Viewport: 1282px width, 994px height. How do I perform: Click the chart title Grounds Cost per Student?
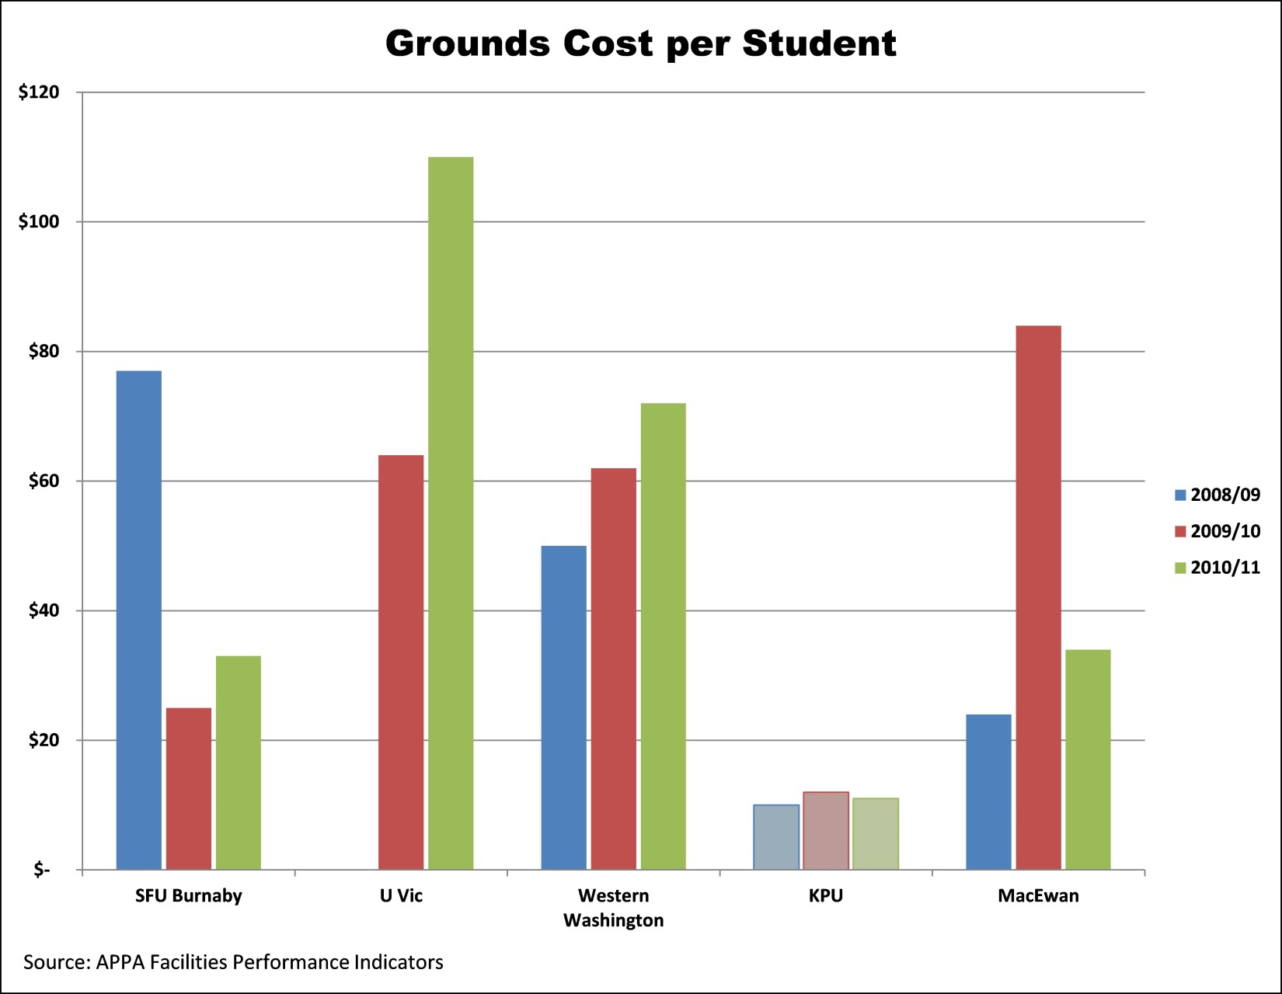click(640, 44)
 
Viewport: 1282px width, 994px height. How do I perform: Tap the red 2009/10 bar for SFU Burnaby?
click(189, 788)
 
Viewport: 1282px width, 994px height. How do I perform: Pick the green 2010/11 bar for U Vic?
click(451, 513)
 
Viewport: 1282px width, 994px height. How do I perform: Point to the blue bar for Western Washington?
click(563, 707)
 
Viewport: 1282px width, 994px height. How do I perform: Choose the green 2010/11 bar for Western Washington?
click(663, 636)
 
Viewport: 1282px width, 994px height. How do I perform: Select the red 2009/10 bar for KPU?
click(825, 830)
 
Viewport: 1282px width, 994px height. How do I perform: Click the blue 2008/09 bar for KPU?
click(776, 837)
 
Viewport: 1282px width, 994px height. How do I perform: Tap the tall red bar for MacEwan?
click(1038, 597)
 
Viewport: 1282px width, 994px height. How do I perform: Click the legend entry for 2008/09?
click(1218, 495)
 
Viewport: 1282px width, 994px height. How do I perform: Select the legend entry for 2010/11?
click(1218, 568)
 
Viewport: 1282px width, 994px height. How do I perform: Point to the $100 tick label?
click(39, 222)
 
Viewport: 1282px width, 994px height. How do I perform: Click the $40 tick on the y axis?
click(44, 611)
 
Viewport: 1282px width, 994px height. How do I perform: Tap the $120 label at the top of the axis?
click(39, 92)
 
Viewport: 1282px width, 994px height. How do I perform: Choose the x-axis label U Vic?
click(401, 896)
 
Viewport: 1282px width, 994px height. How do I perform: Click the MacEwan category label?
click(1038, 896)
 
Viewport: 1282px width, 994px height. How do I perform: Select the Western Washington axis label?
click(613, 908)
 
